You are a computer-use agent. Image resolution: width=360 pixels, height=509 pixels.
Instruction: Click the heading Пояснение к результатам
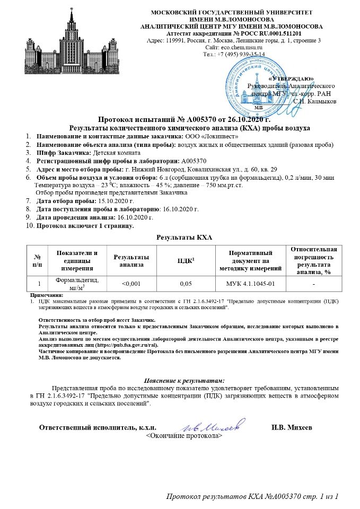[x=185, y=380]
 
